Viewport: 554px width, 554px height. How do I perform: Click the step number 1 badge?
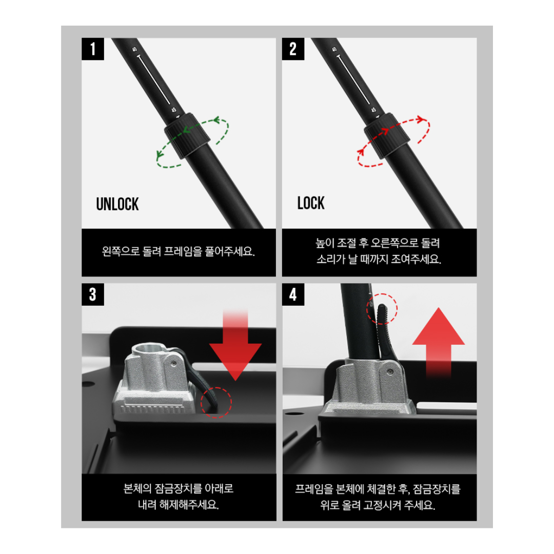click(93, 49)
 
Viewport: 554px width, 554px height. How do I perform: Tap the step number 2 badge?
click(293, 49)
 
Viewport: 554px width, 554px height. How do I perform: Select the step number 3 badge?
click(93, 294)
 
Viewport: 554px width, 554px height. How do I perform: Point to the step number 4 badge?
click(293, 294)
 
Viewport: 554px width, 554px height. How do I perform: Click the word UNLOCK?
click(117, 204)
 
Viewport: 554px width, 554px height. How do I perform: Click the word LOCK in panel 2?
click(311, 203)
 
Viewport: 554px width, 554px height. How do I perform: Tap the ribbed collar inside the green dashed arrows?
click(187, 135)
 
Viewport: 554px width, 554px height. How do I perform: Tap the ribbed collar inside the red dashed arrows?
click(387, 135)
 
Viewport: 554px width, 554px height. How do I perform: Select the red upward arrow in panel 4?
click(439, 343)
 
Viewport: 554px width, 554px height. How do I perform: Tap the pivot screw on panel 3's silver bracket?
click(173, 364)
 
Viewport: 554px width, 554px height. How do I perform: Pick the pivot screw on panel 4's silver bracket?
click(390, 372)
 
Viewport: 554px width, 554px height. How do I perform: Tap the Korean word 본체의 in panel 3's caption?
click(137, 489)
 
